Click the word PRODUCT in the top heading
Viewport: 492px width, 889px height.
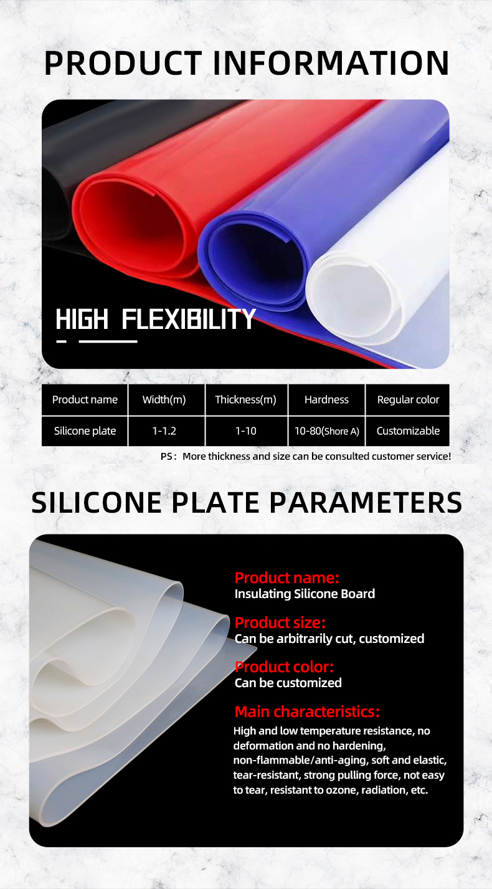click(123, 63)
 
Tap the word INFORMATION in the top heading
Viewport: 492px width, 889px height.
click(331, 63)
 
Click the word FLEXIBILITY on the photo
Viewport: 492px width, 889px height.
click(189, 319)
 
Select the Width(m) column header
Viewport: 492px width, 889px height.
click(164, 400)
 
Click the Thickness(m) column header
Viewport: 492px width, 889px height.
click(245, 400)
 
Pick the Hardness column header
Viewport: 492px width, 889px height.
click(326, 400)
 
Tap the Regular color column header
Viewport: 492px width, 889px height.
click(408, 400)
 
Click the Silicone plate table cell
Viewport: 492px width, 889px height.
click(85, 431)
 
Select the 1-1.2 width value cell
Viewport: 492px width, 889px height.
click(164, 431)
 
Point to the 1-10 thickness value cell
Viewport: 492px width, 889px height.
click(245, 431)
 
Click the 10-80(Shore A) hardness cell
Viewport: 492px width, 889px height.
click(326, 431)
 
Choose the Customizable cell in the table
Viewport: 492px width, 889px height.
click(408, 431)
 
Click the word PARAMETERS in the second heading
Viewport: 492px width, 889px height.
click(366, 503)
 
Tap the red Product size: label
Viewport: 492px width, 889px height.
click(280, 623)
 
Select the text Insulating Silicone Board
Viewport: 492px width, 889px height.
click(305, 594)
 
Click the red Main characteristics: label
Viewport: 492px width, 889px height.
click(307, 711)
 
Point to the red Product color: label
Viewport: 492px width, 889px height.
click(284, 667)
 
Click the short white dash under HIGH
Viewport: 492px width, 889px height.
click(62, 341)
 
